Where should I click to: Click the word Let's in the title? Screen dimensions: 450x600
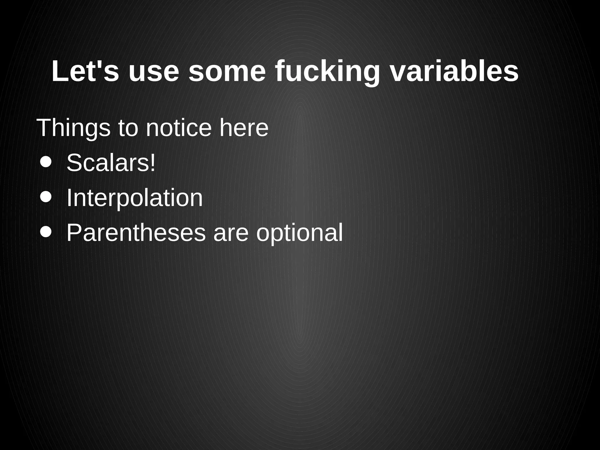(85, 72)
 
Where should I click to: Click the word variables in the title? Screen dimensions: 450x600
(454, 72)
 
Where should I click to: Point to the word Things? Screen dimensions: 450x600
(73, 128)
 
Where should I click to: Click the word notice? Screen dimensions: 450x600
(178, 128)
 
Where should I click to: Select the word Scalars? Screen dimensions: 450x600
(111, 163)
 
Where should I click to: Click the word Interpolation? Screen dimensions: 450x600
(134, 198)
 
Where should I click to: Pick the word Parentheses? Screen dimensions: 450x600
(136, 233)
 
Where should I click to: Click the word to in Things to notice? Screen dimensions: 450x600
(128, 128)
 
